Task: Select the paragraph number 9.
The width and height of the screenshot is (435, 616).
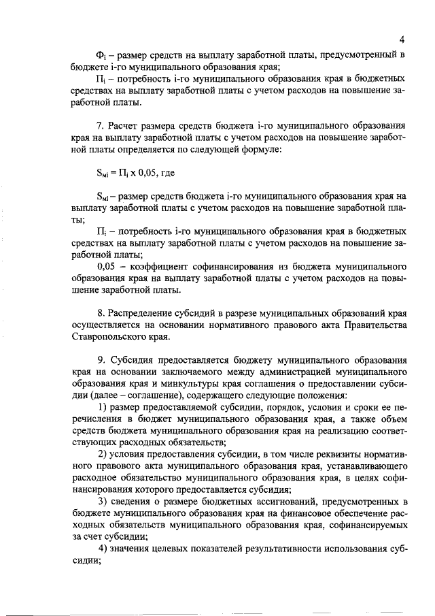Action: tap(101, 360)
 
